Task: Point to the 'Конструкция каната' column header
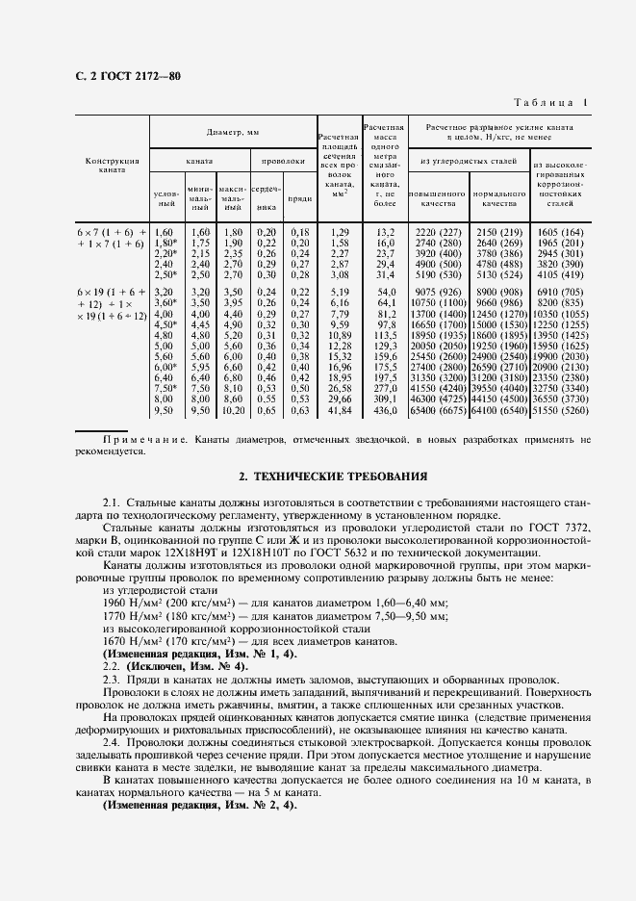click(113, 166)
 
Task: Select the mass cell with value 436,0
click(384, 410)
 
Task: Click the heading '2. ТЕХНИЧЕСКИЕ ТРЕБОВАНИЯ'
click(318, 476)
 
